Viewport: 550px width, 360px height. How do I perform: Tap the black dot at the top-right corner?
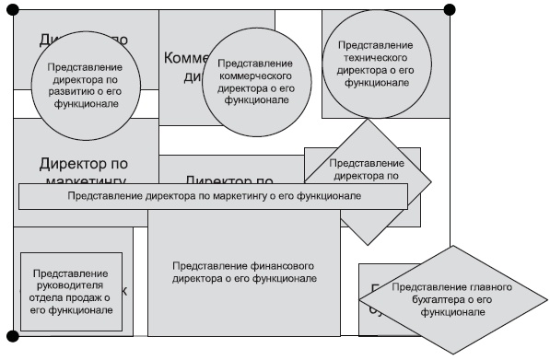(450, 10)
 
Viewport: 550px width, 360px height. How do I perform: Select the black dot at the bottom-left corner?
(13, 336)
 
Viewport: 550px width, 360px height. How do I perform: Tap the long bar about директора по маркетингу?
(213, 196)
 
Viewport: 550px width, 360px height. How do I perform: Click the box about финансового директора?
(244, 272)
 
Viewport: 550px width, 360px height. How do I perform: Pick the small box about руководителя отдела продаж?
(71, 291)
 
